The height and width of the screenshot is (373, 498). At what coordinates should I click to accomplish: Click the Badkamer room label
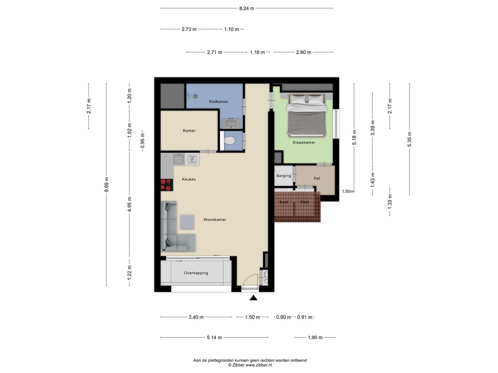coord(218,102)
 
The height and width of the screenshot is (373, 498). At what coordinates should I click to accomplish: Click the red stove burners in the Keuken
coord(167,185)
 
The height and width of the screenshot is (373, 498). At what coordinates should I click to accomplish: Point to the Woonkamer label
coord(214,220)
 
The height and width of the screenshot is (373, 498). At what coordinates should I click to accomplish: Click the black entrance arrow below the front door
coord(253,298)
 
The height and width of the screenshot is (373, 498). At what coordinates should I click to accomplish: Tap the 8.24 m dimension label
coord(247,9)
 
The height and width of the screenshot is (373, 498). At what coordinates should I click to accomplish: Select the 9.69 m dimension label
coord(107,184)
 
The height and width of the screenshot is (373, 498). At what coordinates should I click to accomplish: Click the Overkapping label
coord(196,273)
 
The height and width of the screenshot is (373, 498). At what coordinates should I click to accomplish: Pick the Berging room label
coord(284,176)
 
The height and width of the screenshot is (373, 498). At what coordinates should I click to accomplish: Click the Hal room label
coord(317,178)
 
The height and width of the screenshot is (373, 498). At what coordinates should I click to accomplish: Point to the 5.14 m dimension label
coord(214,338)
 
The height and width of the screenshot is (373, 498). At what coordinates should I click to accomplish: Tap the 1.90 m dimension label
coord(315,338)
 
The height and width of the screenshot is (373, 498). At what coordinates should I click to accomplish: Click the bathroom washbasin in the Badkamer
coord(231,122)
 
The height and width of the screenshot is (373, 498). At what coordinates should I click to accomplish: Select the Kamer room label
coord(189,131)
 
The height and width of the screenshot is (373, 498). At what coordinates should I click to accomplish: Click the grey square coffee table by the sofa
coord(187,222)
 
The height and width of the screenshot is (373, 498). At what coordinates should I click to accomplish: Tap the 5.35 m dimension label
coord(409,139)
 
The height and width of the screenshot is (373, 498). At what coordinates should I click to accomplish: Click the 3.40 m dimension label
coord(196,317)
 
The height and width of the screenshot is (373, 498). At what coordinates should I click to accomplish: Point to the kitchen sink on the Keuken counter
coord(179,159)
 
